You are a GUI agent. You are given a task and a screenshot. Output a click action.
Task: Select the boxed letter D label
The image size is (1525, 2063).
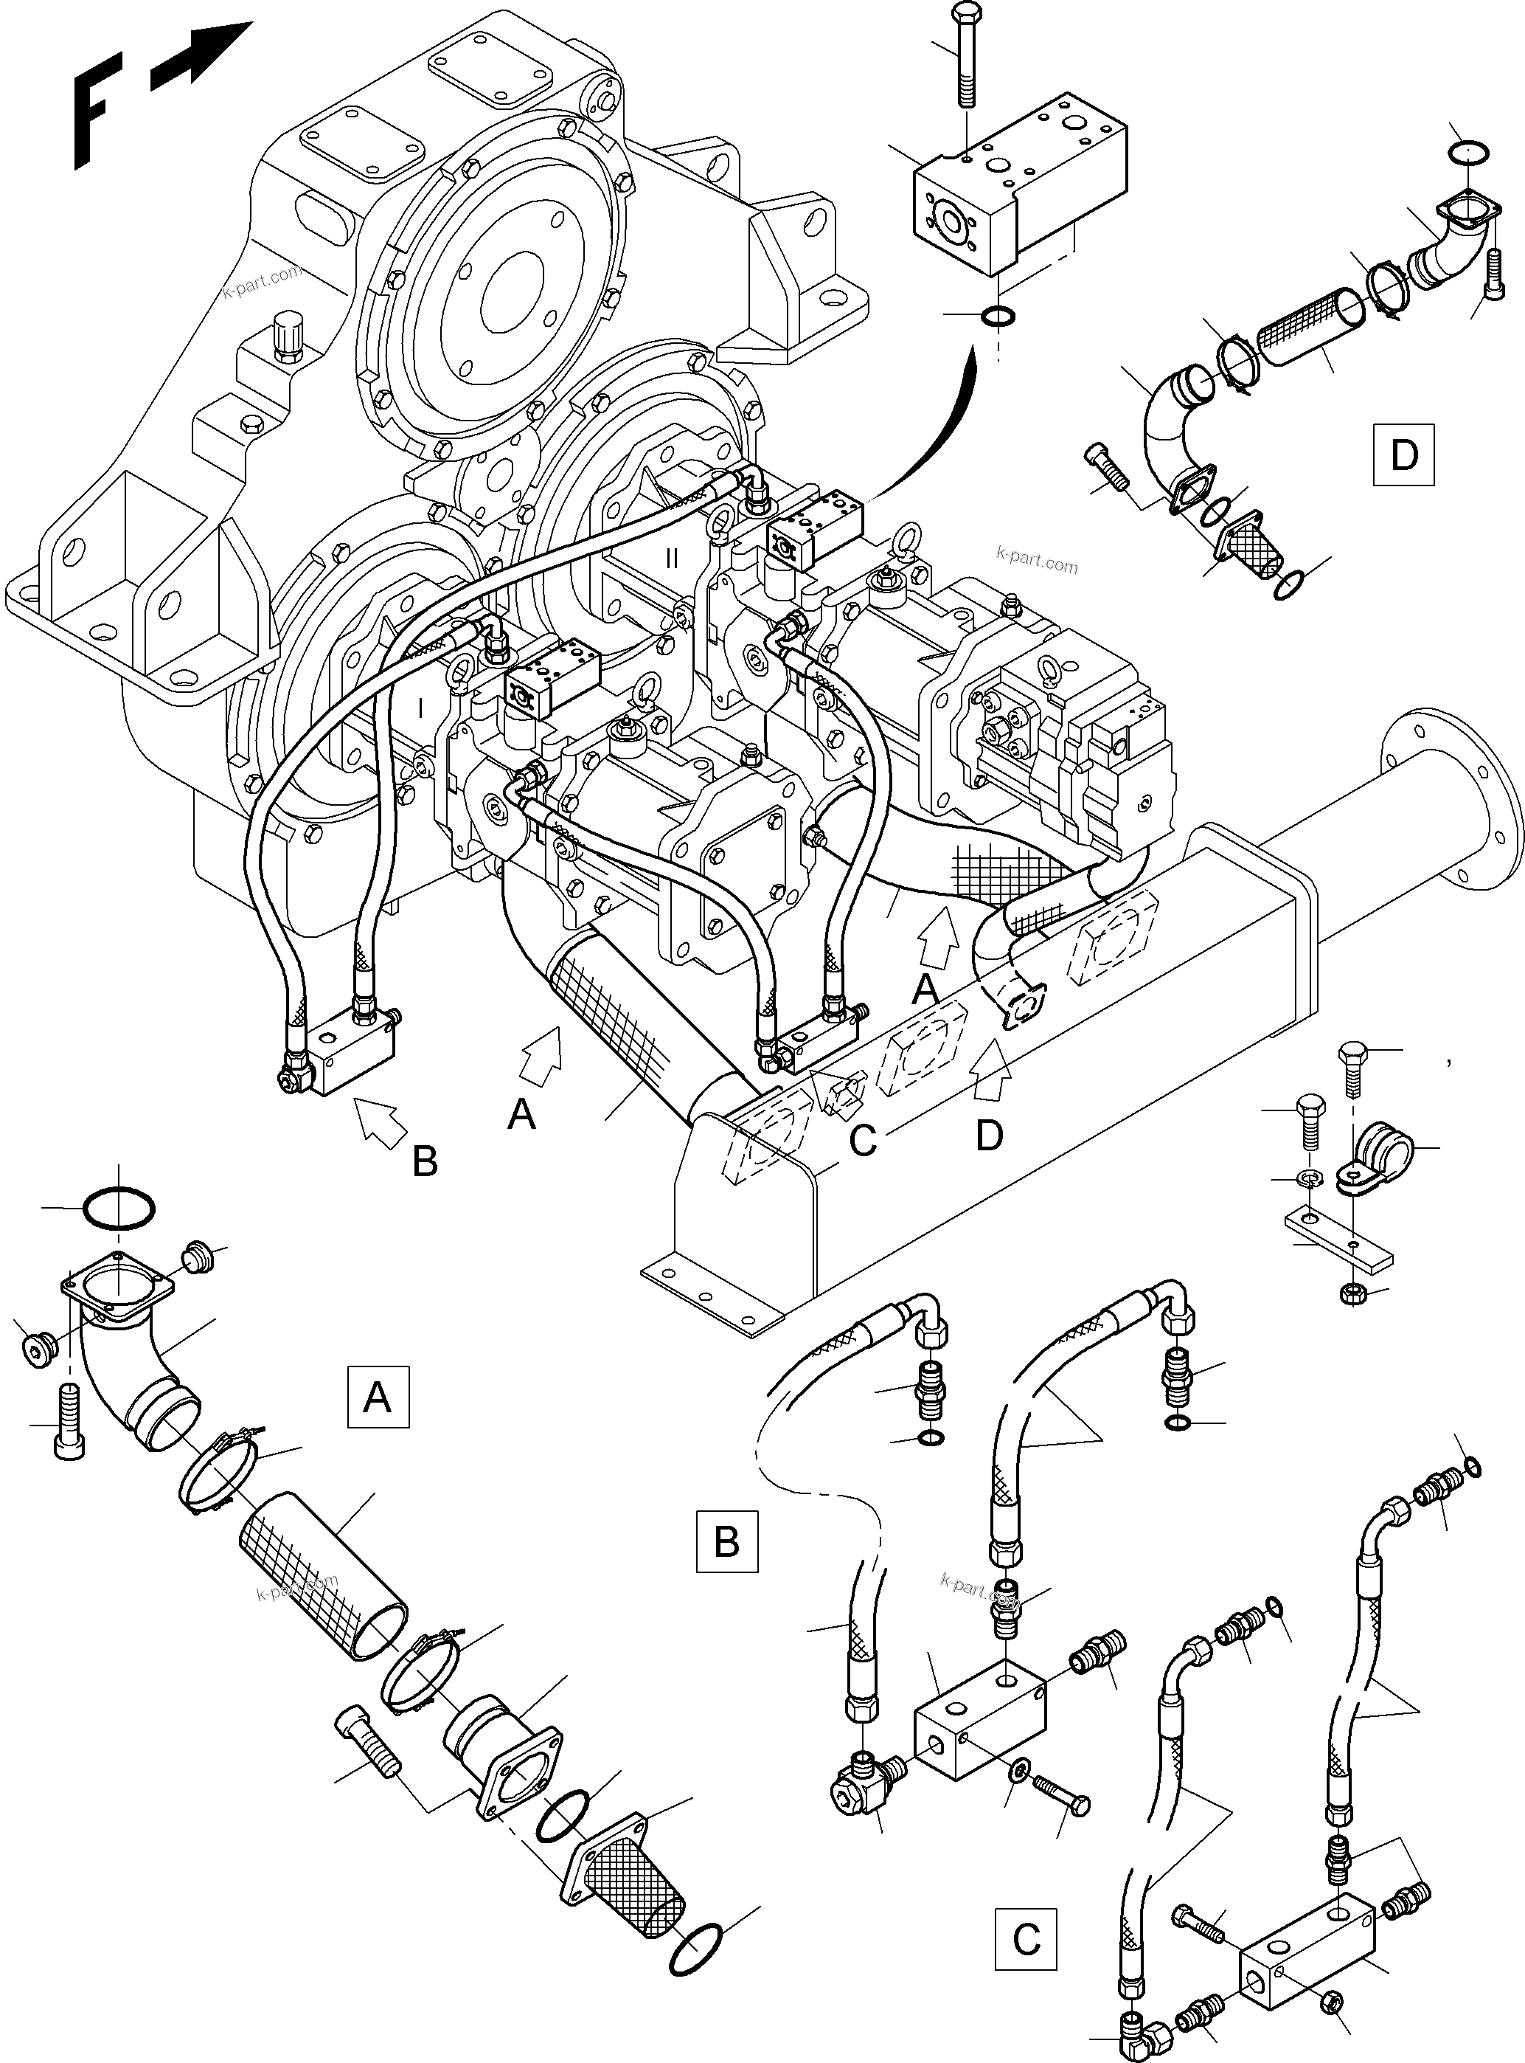pyautogui.click(x=1403, y=455)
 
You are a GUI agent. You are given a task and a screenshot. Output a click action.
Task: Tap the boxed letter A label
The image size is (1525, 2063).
pyautogui.click(x=378, y=1398)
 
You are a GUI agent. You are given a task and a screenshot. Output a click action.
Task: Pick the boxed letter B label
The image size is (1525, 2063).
pyautogui.click(x=726, y=1541)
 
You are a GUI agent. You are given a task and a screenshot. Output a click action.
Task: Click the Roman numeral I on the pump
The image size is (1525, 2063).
pyautogui.click(x=420, y=709)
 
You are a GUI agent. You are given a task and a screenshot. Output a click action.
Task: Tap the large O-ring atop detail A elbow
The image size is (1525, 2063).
pyautogui.click(x=119, y=1209)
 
